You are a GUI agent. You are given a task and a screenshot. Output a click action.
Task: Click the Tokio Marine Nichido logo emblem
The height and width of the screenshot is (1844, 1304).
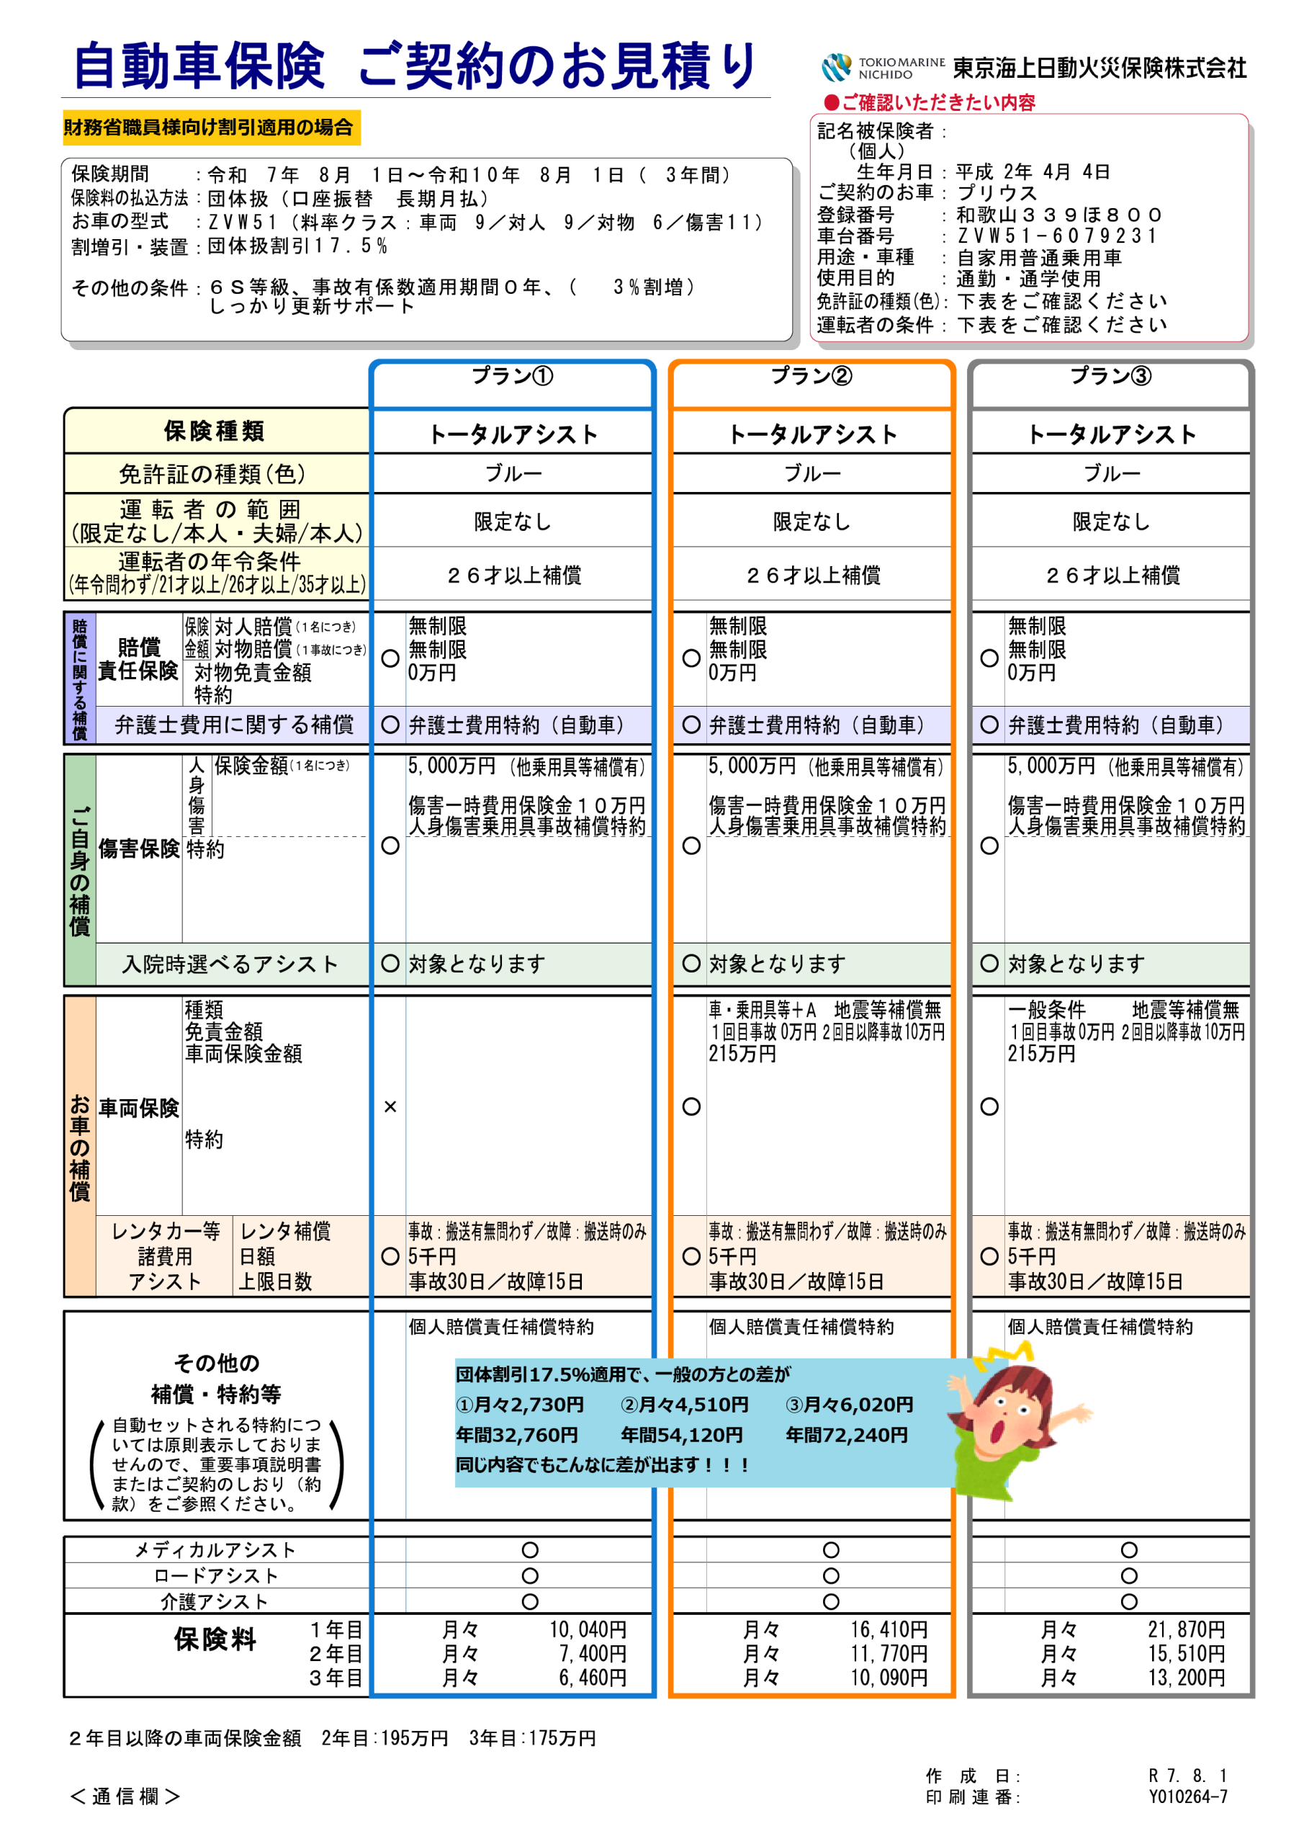(836, 68)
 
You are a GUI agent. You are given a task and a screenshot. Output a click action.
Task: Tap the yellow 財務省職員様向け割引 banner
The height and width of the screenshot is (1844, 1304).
(211, 127)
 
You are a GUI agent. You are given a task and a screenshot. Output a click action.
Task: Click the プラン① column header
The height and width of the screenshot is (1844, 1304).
(512, 376)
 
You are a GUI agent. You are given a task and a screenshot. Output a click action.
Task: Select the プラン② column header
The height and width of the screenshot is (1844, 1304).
(811, 376)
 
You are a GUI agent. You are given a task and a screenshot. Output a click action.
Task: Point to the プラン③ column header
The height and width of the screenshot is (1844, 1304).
(1111, 376)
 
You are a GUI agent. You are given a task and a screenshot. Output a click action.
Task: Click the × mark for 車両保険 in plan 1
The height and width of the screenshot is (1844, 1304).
(390, 1106)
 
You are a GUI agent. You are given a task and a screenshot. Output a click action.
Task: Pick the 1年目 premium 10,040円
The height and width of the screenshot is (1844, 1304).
(588, 1629)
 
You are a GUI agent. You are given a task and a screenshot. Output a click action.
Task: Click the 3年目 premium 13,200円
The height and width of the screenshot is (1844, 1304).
(1187, 1678)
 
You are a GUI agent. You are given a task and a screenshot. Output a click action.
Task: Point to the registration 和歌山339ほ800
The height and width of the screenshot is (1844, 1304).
(1059, 215)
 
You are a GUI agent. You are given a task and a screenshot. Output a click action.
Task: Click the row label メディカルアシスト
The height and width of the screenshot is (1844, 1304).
(215, 1550)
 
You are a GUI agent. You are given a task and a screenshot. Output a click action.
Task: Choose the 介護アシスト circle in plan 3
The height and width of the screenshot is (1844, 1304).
(1129, 1601)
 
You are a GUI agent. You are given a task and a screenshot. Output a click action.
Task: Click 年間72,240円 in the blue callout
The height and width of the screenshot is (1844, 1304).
(846, 1435)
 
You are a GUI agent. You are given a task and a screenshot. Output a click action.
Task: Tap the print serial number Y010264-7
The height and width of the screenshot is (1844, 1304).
(1187, 1796)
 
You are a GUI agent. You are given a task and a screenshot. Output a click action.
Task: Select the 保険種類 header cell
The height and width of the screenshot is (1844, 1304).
(215, 431)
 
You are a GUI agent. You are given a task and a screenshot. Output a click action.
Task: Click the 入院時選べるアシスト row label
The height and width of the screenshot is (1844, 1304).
(230, 964)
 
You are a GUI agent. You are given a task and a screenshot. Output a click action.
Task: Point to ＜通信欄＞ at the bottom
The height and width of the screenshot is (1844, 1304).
(125, 1796)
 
